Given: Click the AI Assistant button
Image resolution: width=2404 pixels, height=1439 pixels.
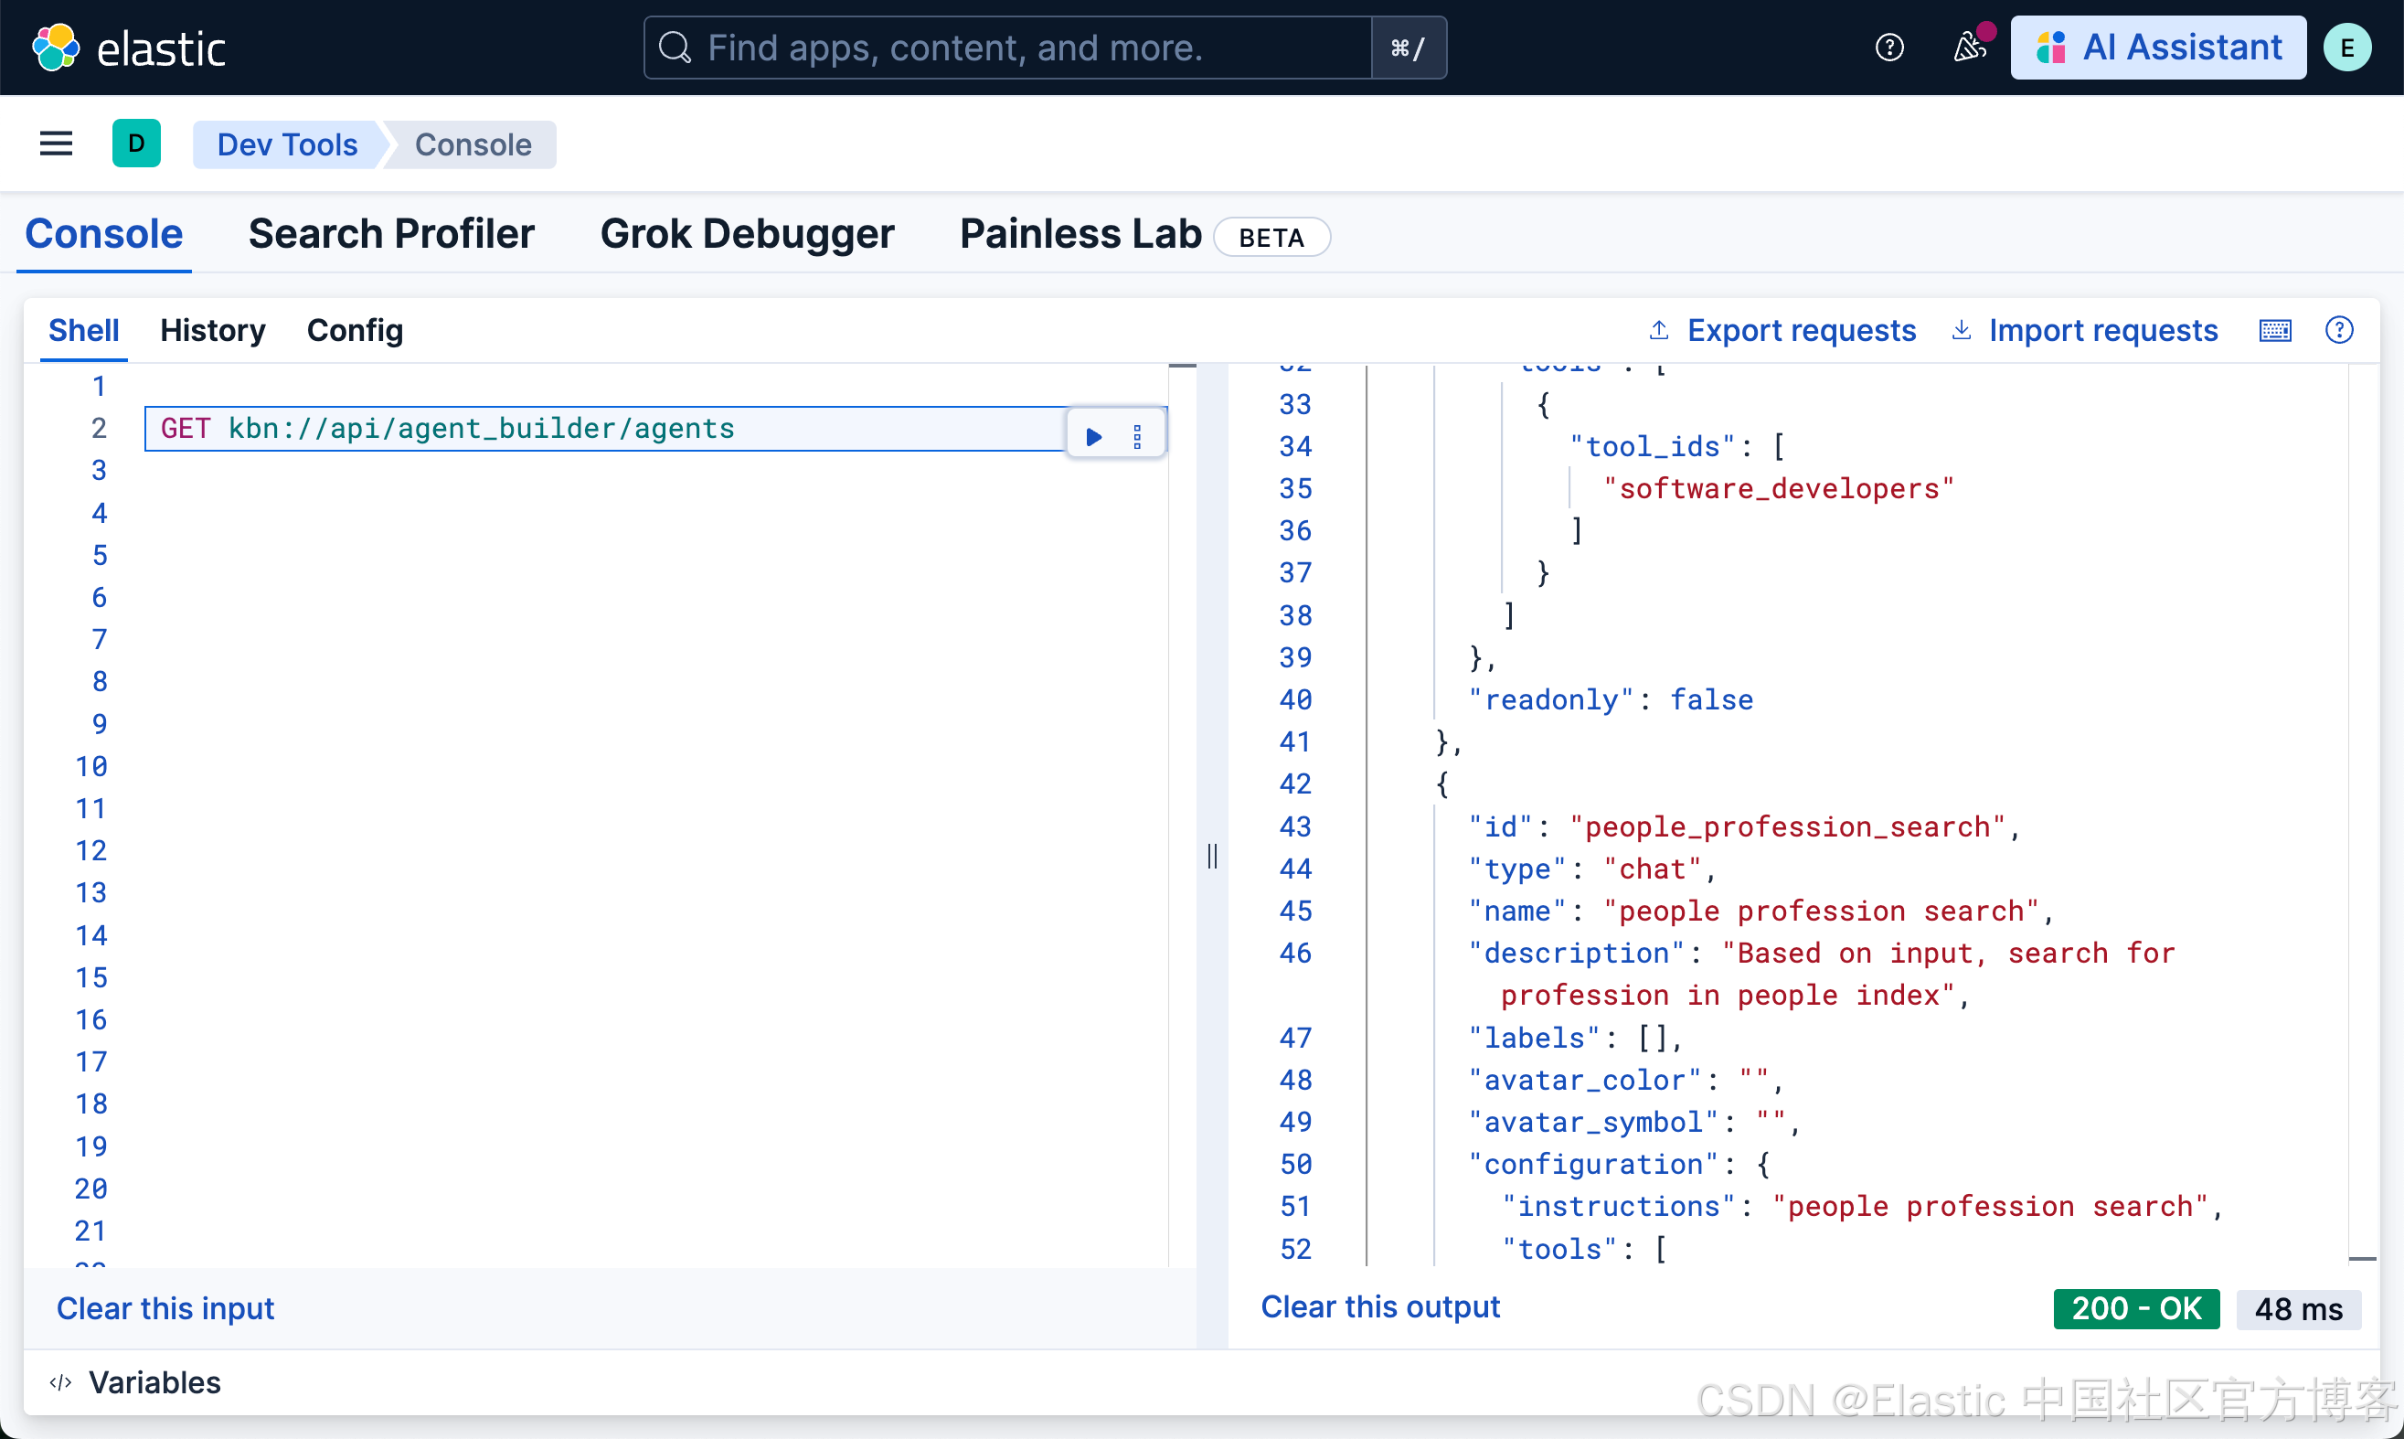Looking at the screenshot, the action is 2158,48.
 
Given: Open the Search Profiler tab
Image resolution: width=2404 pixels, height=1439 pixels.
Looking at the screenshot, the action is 390,234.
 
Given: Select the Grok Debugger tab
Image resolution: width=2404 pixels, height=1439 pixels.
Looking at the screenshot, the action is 747,234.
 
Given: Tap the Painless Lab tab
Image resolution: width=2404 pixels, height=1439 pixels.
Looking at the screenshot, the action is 1080,234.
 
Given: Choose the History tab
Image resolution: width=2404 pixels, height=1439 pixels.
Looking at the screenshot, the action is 212,331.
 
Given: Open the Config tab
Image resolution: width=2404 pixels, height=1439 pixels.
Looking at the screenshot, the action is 355,331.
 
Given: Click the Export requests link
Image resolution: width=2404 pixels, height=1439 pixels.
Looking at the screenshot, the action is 1800,331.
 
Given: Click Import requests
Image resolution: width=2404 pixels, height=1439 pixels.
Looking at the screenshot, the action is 2101,331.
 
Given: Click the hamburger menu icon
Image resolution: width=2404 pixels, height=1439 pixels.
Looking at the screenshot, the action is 57,144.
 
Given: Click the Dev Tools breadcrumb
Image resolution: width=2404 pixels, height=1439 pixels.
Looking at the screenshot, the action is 287,144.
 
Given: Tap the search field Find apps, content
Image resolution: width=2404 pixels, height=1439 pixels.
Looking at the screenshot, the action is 1008,48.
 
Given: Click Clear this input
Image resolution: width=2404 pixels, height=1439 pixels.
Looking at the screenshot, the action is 165,1308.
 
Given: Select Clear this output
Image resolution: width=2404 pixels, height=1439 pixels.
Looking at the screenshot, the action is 1379,1306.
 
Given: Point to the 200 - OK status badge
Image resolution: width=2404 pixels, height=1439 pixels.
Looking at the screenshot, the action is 2135,1308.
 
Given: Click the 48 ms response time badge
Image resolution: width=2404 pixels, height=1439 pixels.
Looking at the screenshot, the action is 2297,1309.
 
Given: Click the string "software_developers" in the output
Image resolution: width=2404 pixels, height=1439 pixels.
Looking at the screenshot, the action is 1778,489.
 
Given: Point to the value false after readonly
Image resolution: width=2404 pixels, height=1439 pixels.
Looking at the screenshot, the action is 1711,699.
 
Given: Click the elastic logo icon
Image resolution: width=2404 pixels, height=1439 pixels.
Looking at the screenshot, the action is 55,48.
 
